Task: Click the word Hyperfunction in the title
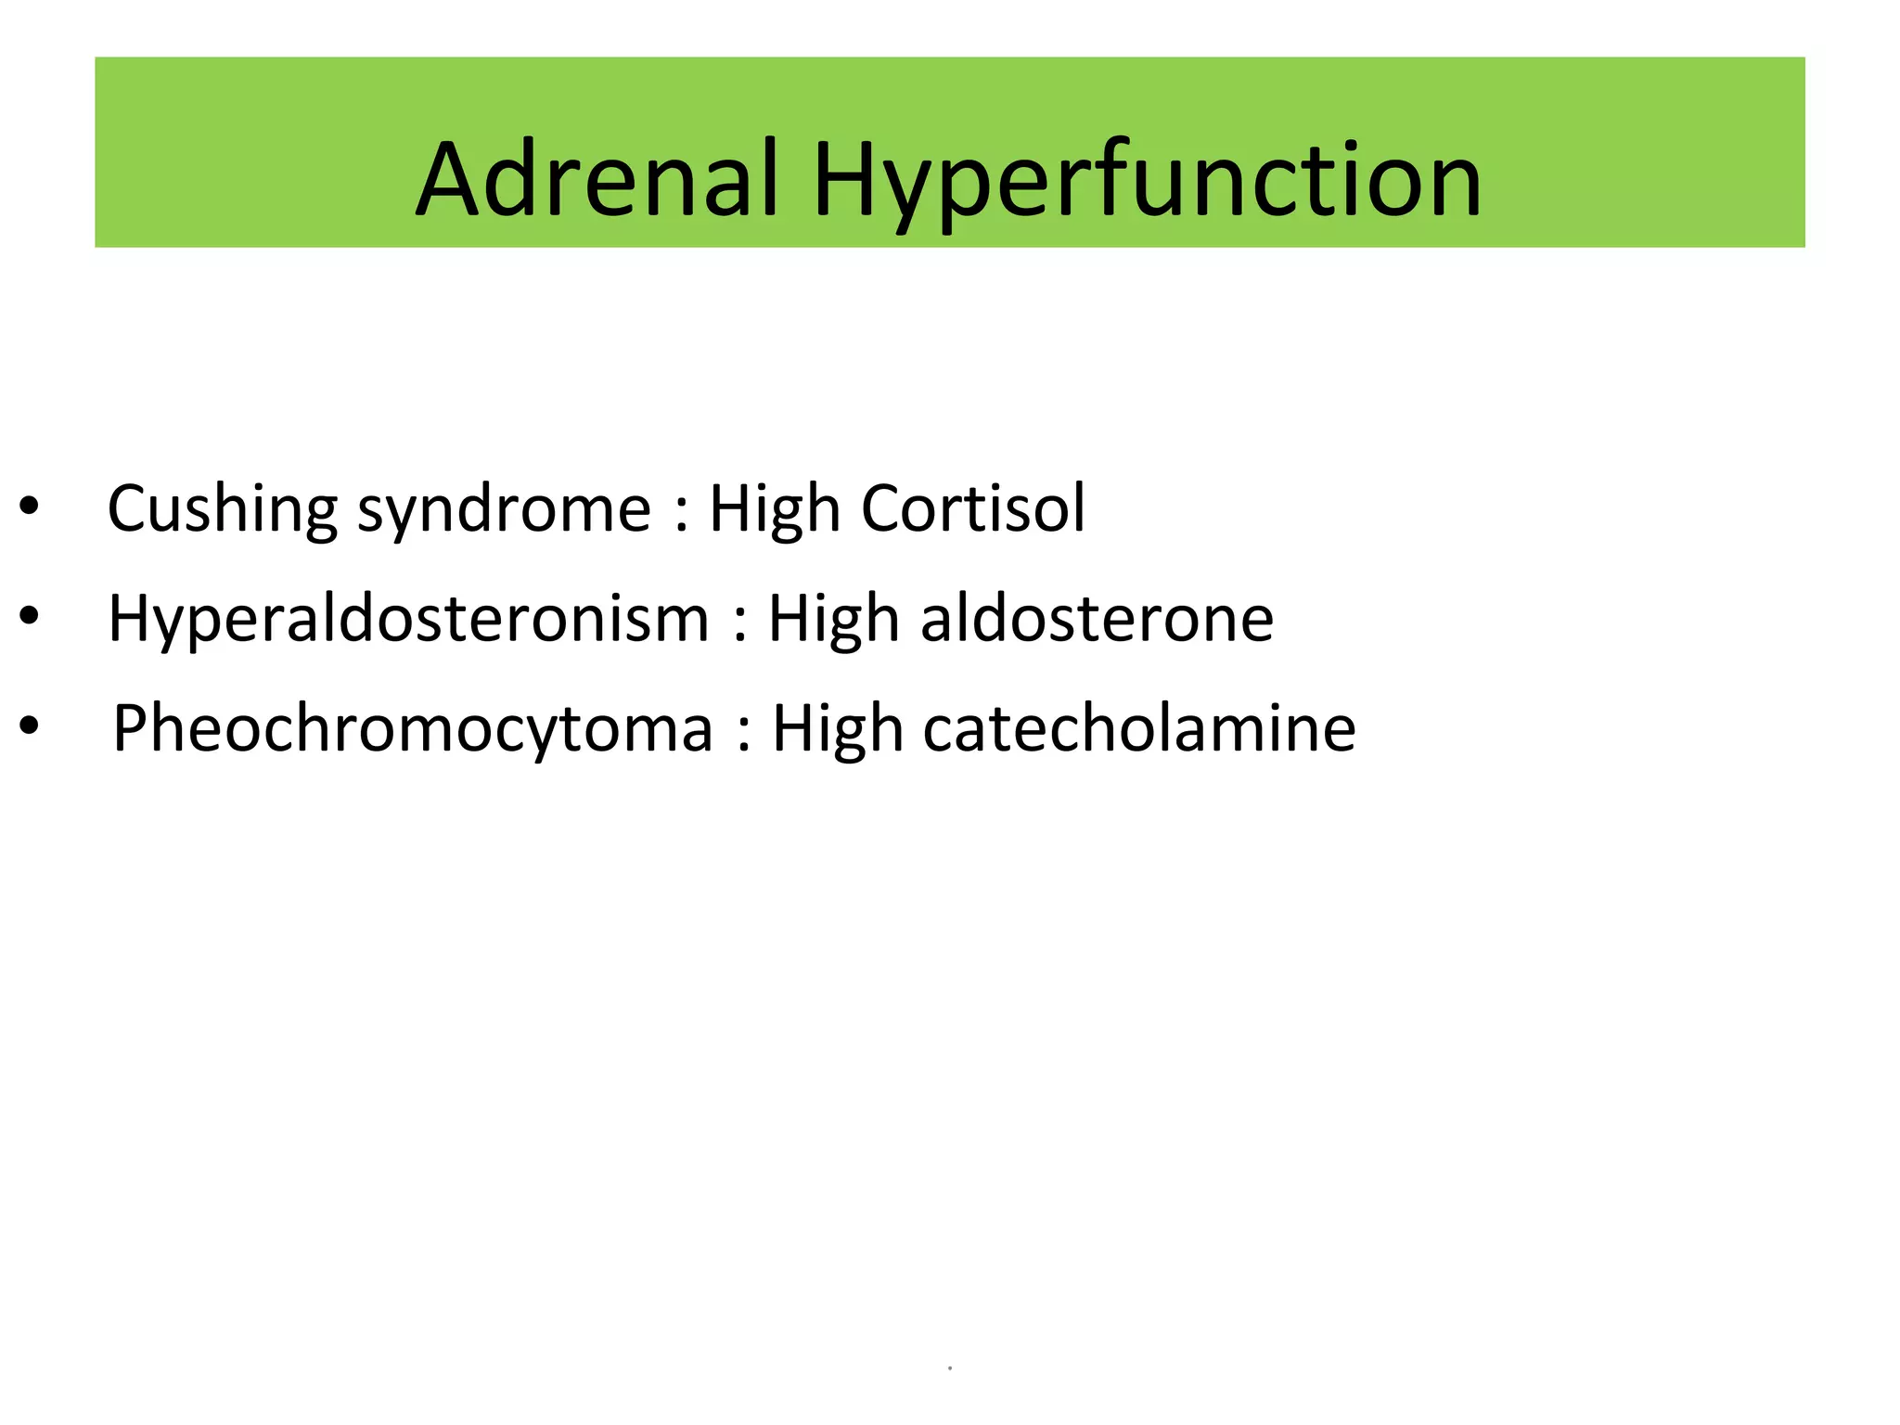click(1147, 181)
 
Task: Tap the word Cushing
click(222, 510)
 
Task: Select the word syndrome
click(504, 510)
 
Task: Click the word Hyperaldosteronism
click(408, 620)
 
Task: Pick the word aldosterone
click(1097, 619)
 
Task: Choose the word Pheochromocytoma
click(413, 729)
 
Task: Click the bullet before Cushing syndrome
click(30, 507)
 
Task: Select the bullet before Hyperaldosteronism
click(30, 615)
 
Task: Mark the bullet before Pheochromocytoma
click(30, 725)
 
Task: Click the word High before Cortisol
click(774, 510)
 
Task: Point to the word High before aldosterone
click(833, 620)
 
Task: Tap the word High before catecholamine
click(837, 729)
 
